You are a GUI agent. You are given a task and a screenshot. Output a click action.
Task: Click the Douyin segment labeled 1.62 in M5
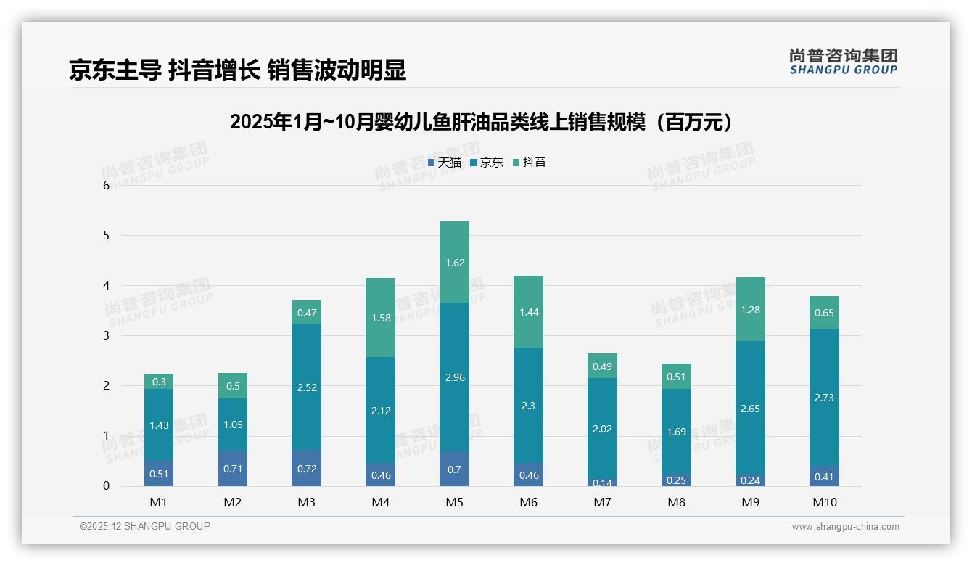pos(455,262)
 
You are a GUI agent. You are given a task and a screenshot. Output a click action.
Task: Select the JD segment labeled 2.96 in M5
pos(455,377)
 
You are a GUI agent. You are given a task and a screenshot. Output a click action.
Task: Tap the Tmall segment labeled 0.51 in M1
pos(159,474)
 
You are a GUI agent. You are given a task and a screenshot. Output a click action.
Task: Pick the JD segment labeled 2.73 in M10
pos(825,398)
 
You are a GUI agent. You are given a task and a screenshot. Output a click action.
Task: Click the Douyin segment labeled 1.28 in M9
pos(751,310)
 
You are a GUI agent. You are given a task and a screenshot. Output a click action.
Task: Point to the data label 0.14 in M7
pos(603,483)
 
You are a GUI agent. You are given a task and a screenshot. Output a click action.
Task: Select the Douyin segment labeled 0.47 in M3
pos(307,313)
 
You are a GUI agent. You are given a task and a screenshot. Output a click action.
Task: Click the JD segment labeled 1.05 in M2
pos(233,424)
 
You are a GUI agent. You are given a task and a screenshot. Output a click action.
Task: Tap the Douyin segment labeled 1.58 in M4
pos(381,318)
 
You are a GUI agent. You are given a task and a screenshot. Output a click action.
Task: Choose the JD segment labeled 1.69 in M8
pos(677,432)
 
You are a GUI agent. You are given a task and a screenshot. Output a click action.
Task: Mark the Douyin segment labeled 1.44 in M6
pos(529,312)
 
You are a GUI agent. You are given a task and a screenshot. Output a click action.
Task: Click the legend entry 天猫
pos(445,163)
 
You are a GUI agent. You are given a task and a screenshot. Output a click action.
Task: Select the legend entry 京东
pos(487,163)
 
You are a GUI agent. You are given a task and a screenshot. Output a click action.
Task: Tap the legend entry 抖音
pos(530,163)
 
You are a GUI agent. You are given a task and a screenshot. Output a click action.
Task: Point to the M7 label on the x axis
pos(603,502)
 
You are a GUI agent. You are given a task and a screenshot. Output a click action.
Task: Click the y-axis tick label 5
pos(107,236)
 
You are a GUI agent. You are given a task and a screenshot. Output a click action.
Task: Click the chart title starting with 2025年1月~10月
pos(485,123)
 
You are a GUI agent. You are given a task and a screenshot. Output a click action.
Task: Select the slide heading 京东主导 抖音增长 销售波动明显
pos(237,70)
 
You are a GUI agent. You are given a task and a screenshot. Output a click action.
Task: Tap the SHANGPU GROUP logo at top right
pos(843,62)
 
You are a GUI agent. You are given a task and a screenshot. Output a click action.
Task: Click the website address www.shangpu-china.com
pos(845,527)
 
